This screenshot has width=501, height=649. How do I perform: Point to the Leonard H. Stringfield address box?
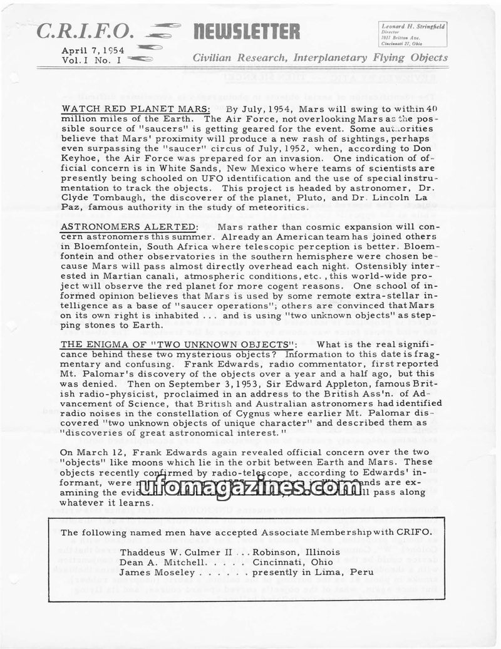coord(413,34)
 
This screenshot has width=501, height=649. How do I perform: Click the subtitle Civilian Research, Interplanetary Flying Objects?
coord(320,58)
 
